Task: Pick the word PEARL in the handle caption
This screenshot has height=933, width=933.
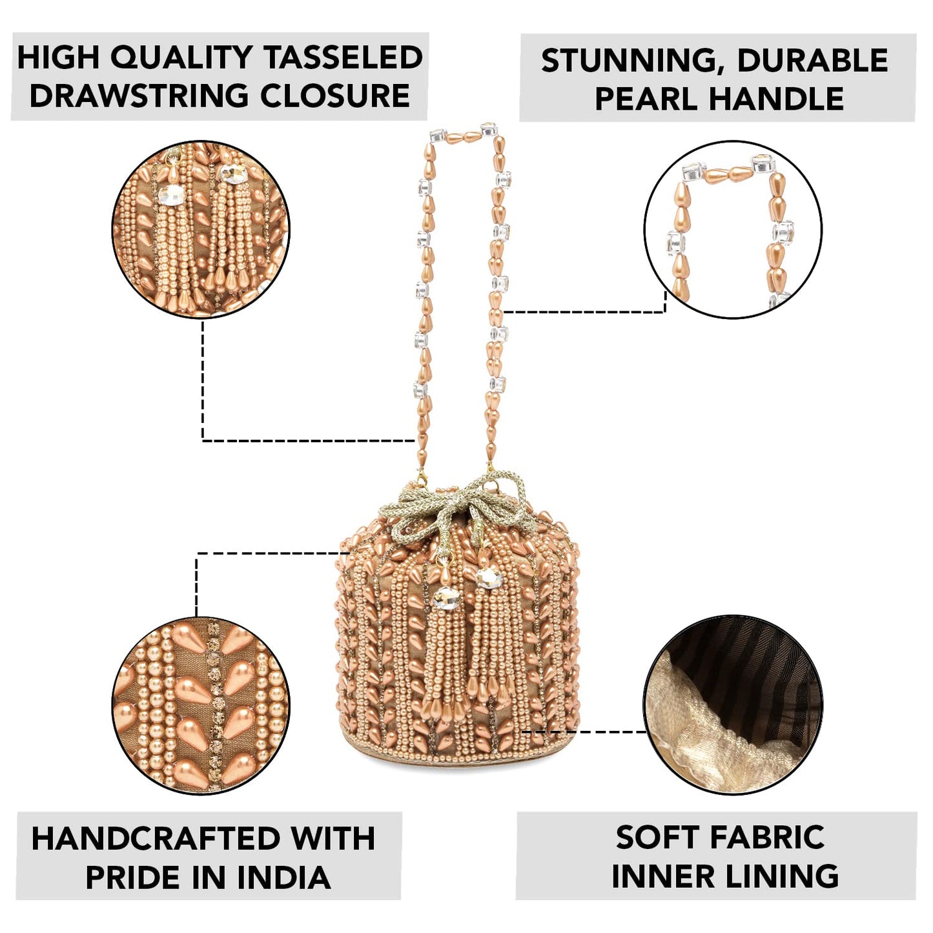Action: (x=646, y=99)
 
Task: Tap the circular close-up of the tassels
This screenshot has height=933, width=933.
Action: (x=201, y=230)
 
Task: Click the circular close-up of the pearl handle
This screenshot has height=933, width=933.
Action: (x=733, y=230)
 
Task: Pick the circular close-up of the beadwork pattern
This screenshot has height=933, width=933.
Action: (x=201, y=705)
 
